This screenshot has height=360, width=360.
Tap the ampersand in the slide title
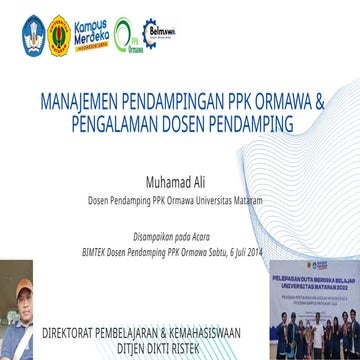[x=320, y=103]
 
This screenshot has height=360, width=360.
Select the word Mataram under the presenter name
[x=247, y=199]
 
